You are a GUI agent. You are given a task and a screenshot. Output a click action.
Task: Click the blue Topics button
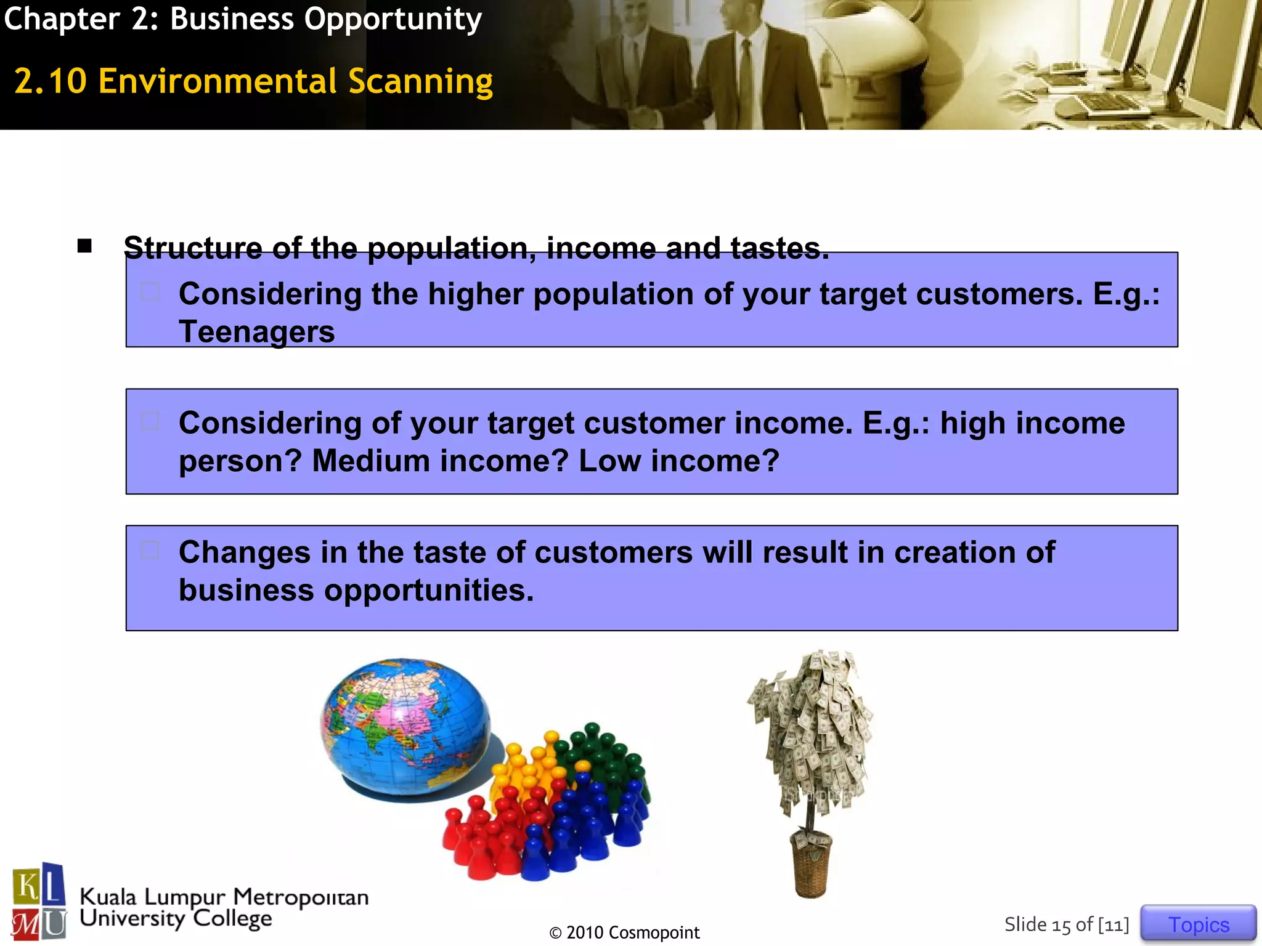point(1198,924)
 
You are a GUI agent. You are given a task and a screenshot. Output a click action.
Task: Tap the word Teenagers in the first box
point(256,332)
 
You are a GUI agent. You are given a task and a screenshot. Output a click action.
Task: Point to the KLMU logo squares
point(39,902)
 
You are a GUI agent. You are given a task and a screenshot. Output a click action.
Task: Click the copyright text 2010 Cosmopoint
point(625,932)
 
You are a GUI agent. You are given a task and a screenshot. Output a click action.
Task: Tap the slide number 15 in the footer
point(1061,925)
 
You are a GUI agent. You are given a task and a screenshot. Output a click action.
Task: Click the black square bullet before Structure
point(84,246)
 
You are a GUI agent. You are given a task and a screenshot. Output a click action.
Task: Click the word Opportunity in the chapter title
point(393,19)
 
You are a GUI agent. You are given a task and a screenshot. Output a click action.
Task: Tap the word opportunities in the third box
point(428,590)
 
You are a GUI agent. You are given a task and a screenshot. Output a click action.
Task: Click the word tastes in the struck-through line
point(780,248)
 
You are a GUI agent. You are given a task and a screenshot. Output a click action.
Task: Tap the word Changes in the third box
point(245,552)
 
